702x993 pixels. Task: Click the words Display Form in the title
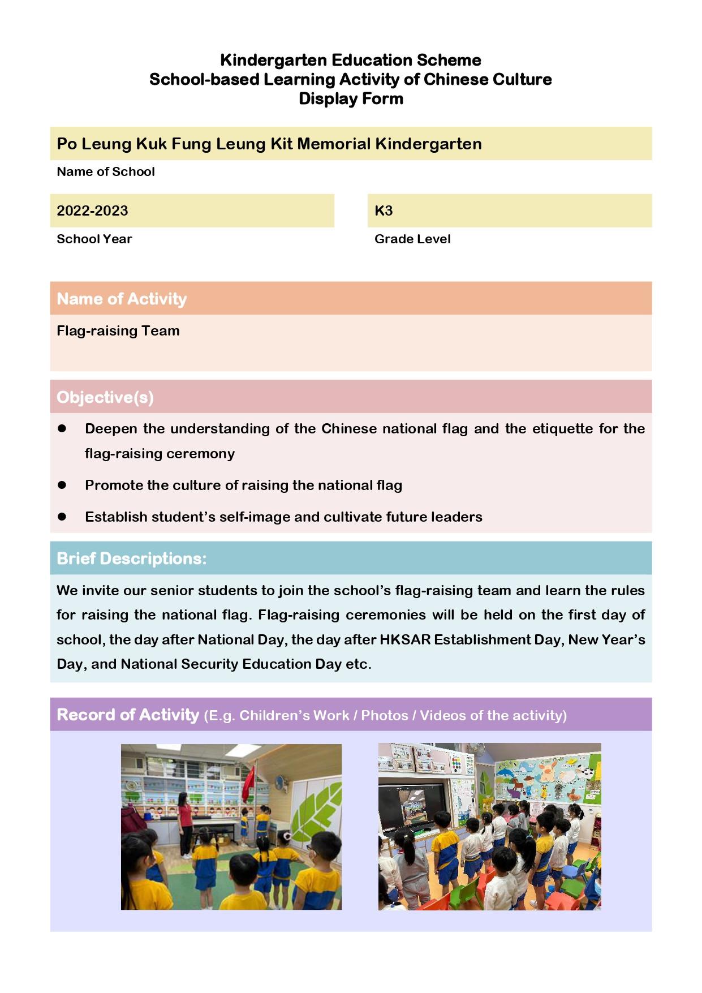click(x=351, y=98)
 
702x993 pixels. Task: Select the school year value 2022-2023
click(x=92, y=210)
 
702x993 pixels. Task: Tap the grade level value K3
click(x=384, y=210)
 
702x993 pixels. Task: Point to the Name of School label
click(x=106, y=171)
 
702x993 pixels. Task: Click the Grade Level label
click(x=412, y=239)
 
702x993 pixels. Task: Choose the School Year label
click(x=94, y=239)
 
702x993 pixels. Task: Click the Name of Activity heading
click(x=122, y=298)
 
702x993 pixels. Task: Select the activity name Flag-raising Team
click(x=118, y=330)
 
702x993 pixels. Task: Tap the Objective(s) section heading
click(x=105, y=397)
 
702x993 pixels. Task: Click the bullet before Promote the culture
click(x=62, y=485)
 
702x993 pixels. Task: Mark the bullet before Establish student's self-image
click(x=62, y=517)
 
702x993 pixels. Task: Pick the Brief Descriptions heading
click(x=132, y=558)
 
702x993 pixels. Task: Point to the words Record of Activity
click(x=128, y=715)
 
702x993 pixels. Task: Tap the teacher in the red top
click(x=184, y=820)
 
